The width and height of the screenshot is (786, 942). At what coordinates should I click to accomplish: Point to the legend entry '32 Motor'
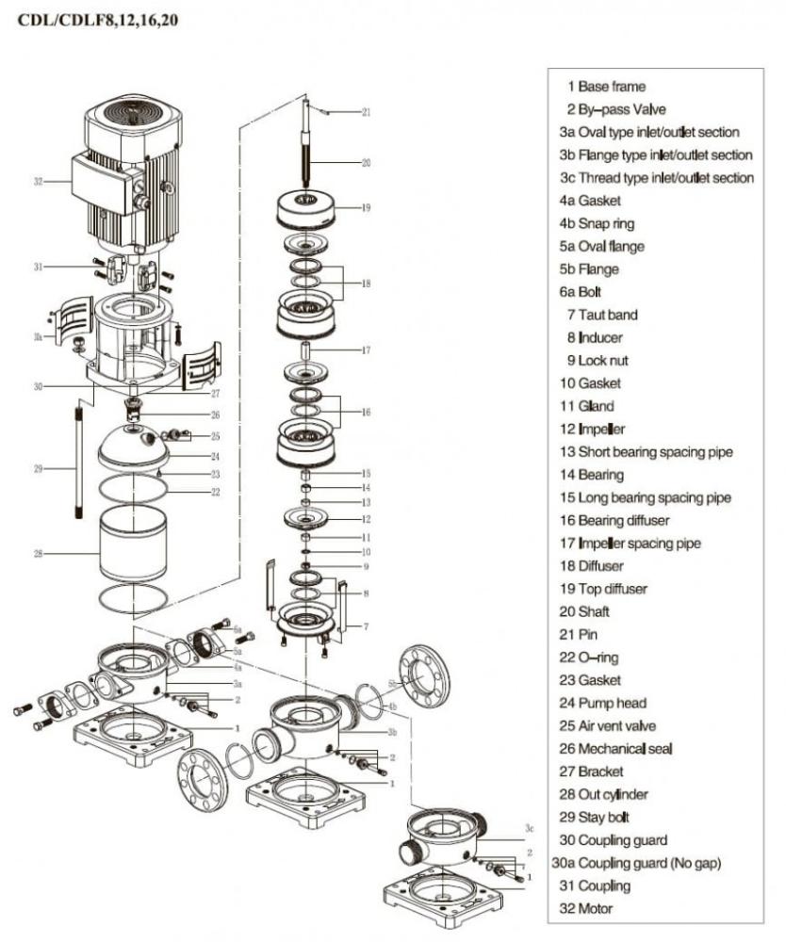pos(585,908)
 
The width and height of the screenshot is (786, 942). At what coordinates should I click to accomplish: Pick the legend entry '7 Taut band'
pos(601,315)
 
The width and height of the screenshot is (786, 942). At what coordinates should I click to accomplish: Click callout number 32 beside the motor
pos(38,182)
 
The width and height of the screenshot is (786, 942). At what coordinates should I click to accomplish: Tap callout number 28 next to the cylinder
pos(38,554)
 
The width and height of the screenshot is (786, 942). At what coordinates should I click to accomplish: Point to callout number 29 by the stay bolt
pos(38,468)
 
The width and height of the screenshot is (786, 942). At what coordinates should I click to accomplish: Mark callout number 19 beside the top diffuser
pos(366,207)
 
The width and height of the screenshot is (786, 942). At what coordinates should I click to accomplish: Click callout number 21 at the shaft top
pos(366,112)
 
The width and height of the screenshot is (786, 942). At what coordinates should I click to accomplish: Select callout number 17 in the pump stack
pos(366,350)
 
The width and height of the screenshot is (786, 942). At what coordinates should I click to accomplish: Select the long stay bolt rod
pos(76,461)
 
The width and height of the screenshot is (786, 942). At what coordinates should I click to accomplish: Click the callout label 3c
pos(531,828)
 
